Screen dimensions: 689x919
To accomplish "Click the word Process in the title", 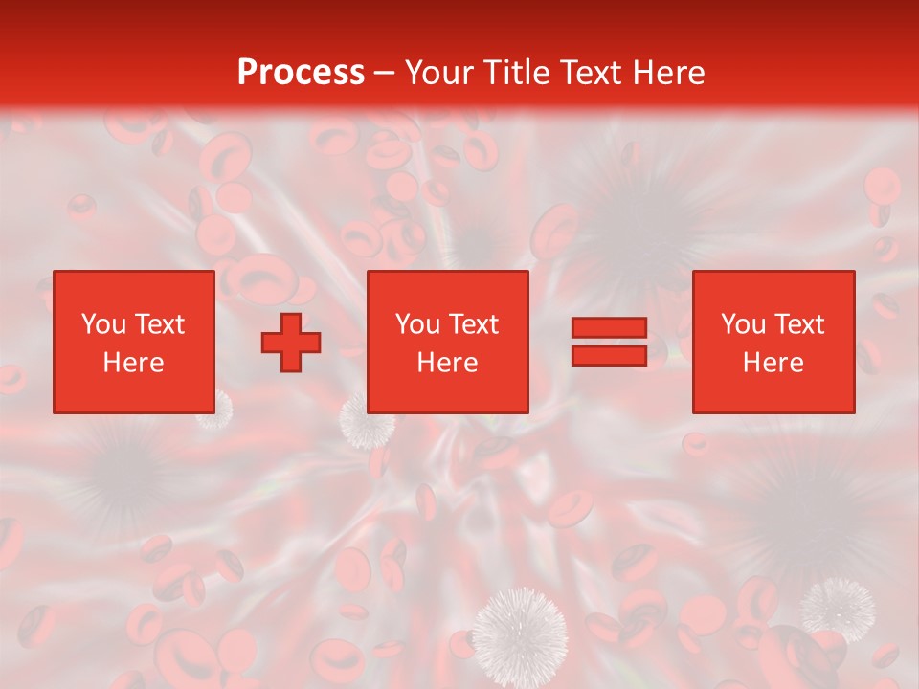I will (301, 73).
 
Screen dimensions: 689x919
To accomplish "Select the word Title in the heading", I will (515, 73).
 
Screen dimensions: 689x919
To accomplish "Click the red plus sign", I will (291, 342).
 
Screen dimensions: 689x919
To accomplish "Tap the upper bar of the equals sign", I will (609, 328).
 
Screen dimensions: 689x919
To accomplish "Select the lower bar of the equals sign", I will (609, 355).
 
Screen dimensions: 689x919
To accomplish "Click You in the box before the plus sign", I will (103, 324).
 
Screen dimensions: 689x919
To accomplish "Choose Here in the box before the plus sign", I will (133, 363).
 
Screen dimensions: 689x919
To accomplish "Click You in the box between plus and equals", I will (417, 324).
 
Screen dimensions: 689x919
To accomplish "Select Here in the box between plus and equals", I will (447, 363).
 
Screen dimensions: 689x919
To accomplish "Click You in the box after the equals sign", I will (743, 324).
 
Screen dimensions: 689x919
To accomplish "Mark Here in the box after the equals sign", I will (773, 363).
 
